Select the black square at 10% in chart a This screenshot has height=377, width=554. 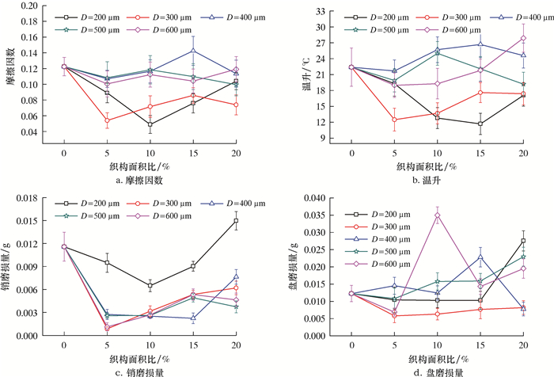coord(150,124)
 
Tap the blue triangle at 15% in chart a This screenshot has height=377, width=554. coord(192,51)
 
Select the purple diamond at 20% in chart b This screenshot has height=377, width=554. coord(523,38)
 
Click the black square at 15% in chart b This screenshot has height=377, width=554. coord(480,124)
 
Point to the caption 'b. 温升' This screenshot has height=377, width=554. coord(437,181)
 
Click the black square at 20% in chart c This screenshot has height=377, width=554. coord(235,221)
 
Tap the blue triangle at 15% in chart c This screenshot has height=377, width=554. coord(192,318)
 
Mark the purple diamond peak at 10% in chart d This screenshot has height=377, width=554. coord(438,215)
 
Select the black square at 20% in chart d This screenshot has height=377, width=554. coord(523,241)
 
